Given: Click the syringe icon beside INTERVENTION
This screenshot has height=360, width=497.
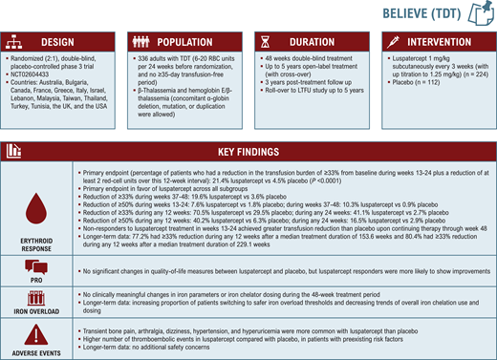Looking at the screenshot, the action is point(390,43).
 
